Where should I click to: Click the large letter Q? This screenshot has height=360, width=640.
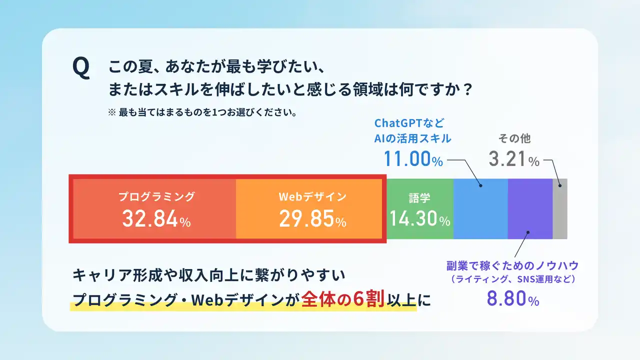pos(81,67)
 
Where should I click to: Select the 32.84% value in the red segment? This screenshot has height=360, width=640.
pos(156,219)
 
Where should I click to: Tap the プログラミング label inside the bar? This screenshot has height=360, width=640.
pos(156,196)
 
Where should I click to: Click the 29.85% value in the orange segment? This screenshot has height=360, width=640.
pos(312,219)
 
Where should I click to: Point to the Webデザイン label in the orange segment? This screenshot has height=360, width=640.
pos(312,196)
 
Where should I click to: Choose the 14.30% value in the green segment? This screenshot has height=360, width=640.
pos(419,218)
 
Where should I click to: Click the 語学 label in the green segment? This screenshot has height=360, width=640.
pos(419,198)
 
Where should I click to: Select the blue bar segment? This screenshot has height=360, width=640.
pos(480,209)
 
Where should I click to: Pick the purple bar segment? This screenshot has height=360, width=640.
pos(530,209)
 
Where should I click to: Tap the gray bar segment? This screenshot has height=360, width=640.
pos(560,209)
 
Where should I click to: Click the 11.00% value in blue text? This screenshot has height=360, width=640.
pos(413,159)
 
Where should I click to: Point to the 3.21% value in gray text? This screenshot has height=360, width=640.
pos(514,159)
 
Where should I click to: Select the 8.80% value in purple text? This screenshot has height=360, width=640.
pos(513,298)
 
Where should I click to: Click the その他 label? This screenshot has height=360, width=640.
pos(514,138)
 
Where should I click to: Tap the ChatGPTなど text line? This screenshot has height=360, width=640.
pos(409,123)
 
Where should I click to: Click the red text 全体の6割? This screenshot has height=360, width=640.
pos(342,299)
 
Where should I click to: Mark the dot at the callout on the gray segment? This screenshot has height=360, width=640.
pos(560,185)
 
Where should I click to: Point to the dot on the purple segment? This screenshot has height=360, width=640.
pos(528,232)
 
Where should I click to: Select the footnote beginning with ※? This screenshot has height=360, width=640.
pos(202,112)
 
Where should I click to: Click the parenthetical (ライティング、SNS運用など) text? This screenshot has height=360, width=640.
pos(513,279)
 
